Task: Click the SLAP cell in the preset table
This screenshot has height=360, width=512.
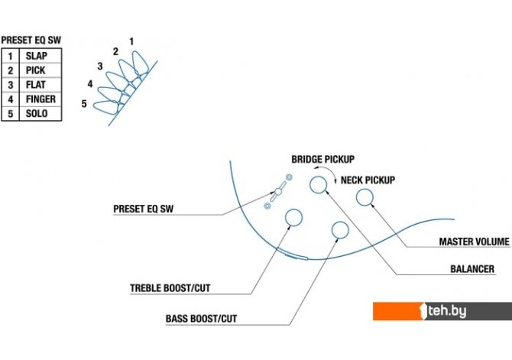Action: [x=37, y=56]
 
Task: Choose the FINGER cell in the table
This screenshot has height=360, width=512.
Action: [x=41, y=99]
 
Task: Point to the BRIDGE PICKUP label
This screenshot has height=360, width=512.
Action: [x=322, y=160]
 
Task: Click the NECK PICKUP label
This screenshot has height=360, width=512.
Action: [x=368, y=180]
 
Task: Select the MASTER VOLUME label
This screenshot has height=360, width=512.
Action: [x=474, y=242]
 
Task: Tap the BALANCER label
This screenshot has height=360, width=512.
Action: [x=471, y=269]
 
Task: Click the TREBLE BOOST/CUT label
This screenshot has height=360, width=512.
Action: [x=170, y=289]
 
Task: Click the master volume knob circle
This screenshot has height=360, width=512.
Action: [x=365, y=197]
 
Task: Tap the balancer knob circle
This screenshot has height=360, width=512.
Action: [x=318, y=183]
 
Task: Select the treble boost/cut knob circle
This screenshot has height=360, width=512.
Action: [x=293, y=219]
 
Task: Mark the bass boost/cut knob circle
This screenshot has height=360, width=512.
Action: [x=339, y=230]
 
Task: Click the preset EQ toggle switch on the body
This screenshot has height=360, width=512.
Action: [x=277, y=192]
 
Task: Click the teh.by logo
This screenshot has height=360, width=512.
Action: [x=442, y=311]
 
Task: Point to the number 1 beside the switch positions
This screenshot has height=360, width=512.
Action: [x=131, y=41]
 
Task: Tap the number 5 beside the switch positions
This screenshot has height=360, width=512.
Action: [x=84, y=102]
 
